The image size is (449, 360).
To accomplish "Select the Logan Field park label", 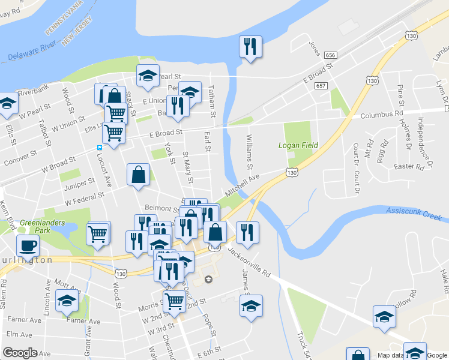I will click(x=298, y=145).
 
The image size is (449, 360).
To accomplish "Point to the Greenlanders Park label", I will click(x=34, y=226).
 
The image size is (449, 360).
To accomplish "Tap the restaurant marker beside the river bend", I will click(x=250, y=47).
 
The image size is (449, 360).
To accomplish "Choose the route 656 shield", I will click(x=330, y=55).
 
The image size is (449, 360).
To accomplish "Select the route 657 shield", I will click(x=321, y=86).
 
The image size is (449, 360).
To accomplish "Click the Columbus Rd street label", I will click(x=382, y=113).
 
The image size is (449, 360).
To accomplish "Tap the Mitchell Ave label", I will click(x=242, y=184).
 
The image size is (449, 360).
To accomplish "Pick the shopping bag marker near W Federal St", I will click(x=138, y=175).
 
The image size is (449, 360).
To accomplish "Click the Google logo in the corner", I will click(x=20, y=353).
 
